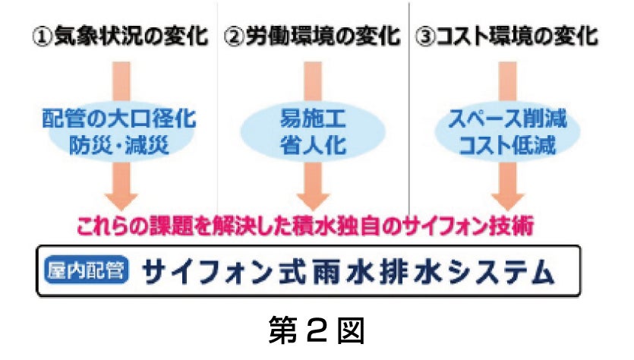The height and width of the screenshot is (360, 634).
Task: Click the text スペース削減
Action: pyautogui.click(x=507, y=119)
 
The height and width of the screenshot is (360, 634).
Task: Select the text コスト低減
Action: pyautogui.click(x=507, y=144)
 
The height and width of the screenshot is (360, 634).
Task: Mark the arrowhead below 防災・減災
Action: pyautogui.click(x=121, y=198)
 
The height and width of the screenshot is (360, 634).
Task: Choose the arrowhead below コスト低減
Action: pyautogui.click(x=507, y=198)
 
